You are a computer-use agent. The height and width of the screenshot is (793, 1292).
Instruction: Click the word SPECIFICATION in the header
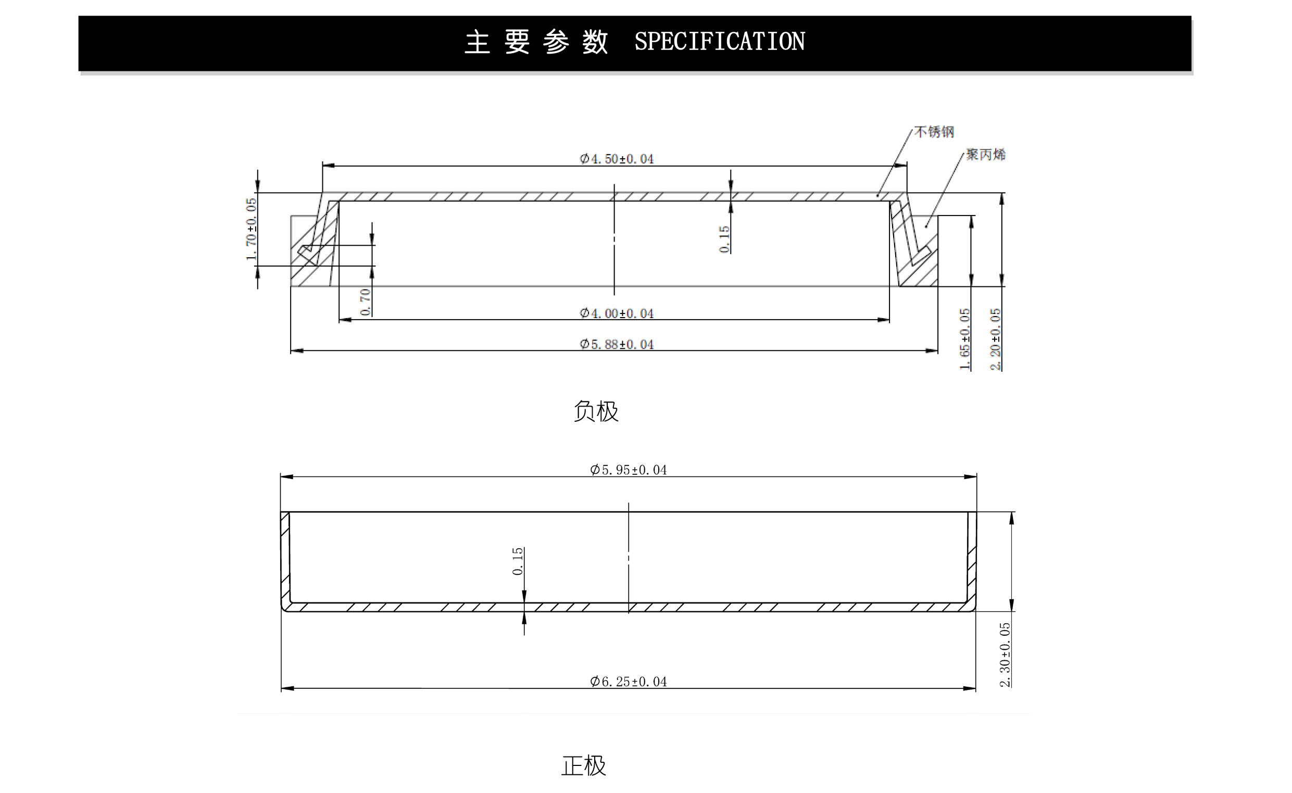(x=719, y=42)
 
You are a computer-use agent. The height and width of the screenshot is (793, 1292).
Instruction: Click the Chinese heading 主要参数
(x=536, y=42)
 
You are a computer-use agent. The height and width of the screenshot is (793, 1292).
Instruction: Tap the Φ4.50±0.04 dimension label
(x=617, y=158)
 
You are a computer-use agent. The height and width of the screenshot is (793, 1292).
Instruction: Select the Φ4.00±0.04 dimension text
(x=617, y=313)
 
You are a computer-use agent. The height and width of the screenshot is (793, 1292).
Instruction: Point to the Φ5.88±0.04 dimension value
(x=617, y=344)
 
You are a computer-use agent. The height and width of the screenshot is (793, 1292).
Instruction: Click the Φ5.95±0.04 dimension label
(x=629, y=470)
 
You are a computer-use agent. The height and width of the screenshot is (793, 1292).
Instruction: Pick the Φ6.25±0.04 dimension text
(x=629, y=681)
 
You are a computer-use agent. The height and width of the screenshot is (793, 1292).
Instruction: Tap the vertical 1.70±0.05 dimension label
(x=252, y=229)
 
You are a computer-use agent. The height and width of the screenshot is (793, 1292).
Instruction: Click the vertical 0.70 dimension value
(x=366, y=302)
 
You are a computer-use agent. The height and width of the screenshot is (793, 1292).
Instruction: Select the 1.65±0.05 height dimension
(x=964, y=339)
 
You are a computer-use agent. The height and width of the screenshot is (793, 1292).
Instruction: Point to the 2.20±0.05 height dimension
(x=995, y=339)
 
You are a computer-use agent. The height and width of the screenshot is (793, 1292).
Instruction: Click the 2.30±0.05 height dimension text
(x=1005, y=654)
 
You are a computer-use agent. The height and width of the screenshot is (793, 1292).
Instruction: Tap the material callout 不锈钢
(x=934, y=132)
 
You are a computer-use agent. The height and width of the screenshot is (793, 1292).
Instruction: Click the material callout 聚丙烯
(x=986, y=154)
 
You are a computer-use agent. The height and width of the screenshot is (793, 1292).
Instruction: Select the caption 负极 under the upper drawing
(x=596, y=411)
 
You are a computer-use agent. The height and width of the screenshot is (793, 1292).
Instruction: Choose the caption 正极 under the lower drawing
(x=584, y=766)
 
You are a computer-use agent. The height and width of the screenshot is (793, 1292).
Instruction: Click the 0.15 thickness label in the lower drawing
(x=518, y=561)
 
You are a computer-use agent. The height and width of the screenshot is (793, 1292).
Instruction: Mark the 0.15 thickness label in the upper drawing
(x=724, y=239)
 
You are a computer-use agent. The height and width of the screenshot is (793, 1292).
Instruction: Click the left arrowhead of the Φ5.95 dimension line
(x=286, y=477)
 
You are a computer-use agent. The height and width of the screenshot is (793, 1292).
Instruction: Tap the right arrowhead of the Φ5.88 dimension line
(x=932, y=351)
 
